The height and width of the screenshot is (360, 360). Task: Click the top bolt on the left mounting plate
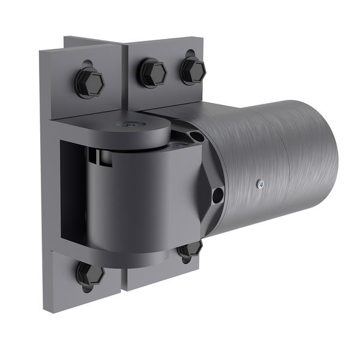click(x=89, y=82)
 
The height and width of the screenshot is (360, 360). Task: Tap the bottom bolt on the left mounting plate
click(x=90, y=274)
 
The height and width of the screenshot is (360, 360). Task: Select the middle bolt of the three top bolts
click(x=153, y=73)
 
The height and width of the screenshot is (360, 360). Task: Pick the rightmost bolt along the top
click(x=193, y=70)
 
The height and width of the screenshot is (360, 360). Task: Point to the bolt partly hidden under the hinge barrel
click(x=191, y=250)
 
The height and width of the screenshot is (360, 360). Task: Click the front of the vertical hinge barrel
click(x=138, y=198)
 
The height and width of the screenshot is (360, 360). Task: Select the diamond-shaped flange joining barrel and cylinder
click(x=210, y=180)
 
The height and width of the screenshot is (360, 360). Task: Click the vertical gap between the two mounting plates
click(x=124, y=78)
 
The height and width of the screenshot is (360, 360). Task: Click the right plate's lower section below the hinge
click(x=156, y=276)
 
